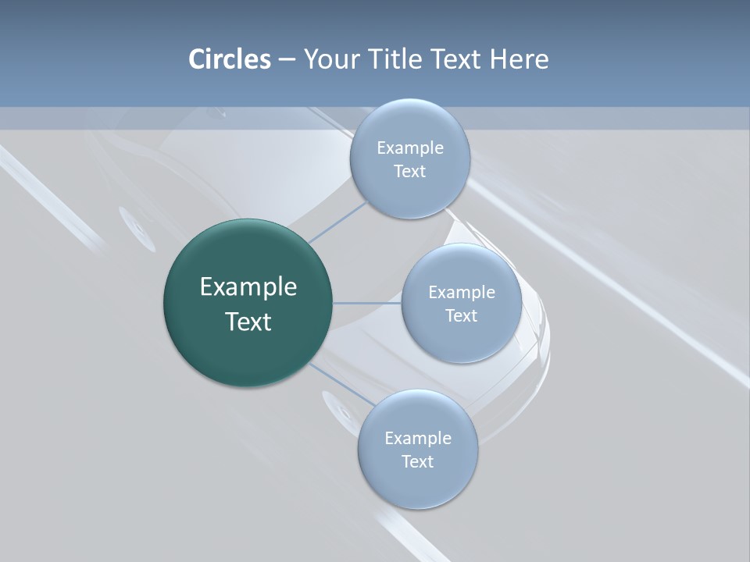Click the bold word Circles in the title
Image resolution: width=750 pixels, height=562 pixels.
230,59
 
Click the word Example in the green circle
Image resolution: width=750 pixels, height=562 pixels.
248,287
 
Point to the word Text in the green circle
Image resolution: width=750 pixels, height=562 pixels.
248,322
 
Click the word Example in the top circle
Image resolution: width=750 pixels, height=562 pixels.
410,148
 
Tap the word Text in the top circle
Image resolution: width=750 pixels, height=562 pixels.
410,171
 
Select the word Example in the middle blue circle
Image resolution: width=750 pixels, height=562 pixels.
462,292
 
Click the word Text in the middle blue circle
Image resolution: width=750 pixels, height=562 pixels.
462,315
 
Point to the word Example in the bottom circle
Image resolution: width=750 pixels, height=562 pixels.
418,438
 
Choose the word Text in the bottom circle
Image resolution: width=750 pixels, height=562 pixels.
418,461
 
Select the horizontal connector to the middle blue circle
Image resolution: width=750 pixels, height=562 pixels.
367,303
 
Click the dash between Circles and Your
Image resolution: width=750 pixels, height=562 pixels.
287,60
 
